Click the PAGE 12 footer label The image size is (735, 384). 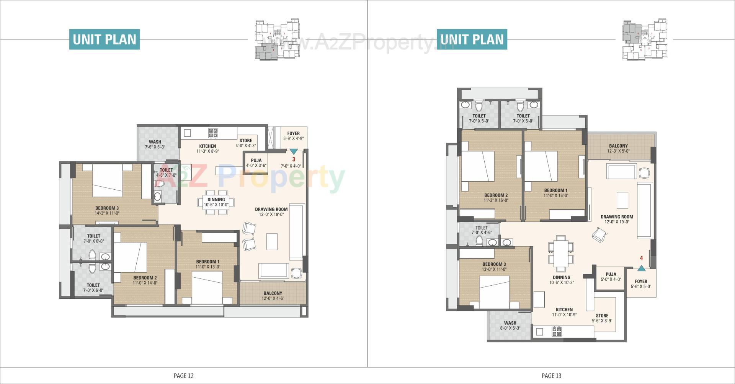(183, 376)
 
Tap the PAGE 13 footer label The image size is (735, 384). (551, 376)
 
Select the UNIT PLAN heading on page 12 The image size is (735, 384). (105, 39)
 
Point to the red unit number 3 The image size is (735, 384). (294, 159)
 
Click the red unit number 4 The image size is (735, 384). (641, 258)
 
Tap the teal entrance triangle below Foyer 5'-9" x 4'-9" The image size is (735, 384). (294, 151)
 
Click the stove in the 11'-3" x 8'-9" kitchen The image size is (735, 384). (213, 133)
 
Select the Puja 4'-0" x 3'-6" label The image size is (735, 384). (256, 163)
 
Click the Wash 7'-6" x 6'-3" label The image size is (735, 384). (155, 144)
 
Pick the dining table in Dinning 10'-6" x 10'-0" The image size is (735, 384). (216, 202)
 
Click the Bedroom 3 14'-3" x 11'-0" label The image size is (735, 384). (107, 211)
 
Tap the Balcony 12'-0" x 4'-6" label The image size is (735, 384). (273, 296)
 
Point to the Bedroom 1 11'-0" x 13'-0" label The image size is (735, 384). (207, 264)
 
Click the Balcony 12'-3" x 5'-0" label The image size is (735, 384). (618, 148)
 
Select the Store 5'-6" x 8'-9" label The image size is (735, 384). (602, 318)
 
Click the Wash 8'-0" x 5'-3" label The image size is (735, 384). (510, 325)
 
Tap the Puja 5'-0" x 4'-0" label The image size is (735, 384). (611, 277)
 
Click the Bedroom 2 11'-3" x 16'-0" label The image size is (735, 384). (496, 198)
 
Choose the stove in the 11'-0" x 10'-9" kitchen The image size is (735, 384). (557, 331)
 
